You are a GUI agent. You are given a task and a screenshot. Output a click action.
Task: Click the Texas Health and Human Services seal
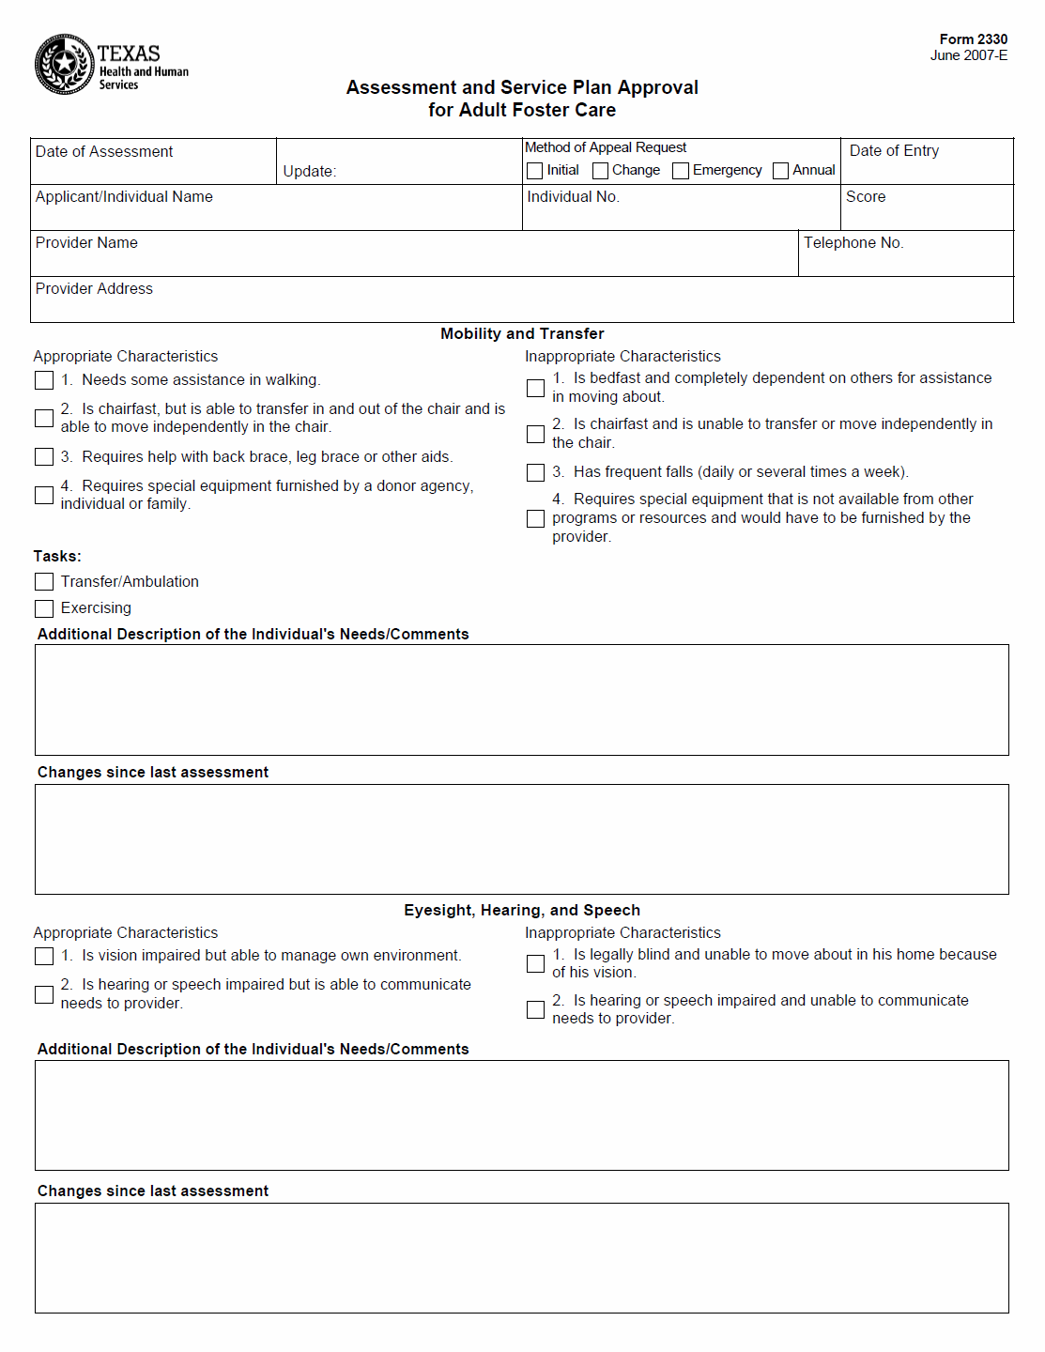point(64,64)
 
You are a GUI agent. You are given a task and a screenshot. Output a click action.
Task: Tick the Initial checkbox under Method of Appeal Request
point(535,171)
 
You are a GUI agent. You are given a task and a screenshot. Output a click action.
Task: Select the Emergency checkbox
point(681,171)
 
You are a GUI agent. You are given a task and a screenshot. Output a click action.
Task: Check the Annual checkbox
point(780,171)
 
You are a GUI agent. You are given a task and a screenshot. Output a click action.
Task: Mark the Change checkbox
point(600,171)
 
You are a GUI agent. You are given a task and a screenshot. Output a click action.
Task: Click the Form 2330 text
point(973,39)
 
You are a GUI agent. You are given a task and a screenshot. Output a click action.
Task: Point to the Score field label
point(865,197)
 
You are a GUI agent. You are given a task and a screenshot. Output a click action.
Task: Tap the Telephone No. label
point(853,243)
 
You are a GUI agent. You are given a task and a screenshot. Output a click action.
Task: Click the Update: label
point(309,172)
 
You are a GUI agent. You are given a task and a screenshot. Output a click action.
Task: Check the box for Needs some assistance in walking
point(44,380)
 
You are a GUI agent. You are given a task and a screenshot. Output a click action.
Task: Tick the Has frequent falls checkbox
point(535,472)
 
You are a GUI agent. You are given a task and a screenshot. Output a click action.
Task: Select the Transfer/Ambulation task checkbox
point(44,582)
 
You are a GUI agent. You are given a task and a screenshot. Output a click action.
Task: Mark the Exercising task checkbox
point(44,608)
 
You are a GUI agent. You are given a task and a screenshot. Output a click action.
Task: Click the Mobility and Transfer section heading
point(522,334)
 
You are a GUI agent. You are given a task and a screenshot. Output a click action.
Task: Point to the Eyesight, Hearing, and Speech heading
point(522,911)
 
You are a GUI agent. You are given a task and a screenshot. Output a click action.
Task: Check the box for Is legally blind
point(535,964)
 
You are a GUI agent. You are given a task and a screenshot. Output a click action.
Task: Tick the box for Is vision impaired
point(44,956)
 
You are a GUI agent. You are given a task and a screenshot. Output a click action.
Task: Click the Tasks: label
point(57,557)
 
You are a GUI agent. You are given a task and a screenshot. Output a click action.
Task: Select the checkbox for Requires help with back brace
point(44,457)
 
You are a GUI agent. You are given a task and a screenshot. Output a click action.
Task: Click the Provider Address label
point(94,289)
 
